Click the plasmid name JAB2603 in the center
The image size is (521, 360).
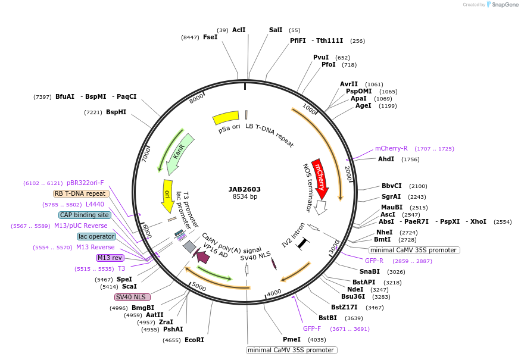[x=244, y=189]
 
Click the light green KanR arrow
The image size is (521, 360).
[x=179, y=153]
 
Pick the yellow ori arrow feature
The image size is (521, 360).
[x=168, y=196]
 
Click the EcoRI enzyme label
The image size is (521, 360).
[x=194, y=340]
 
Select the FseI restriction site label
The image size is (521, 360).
[x=210, y=37]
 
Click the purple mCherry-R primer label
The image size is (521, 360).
[x=391, y=148]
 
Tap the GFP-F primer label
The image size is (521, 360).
[x=312, y=328]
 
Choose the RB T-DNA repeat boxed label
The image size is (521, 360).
[x=81, y=193]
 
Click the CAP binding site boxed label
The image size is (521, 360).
[x=84, y=215]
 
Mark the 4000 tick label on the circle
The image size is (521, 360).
[x=274, y=293]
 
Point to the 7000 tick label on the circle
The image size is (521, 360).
[x=146, y=154]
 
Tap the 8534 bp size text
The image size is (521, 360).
[x=245, y=197]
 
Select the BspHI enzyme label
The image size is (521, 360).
[x=116, y=112]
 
